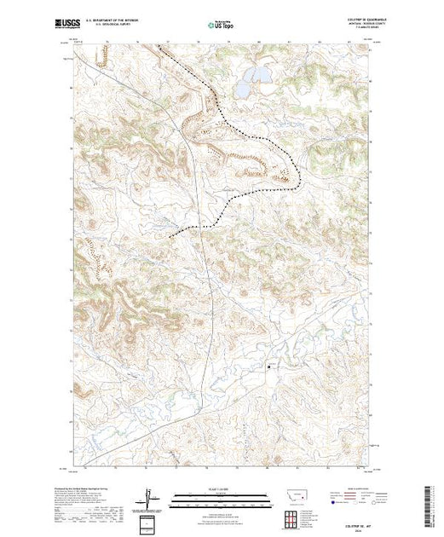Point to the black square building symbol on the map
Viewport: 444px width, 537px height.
pos(271,367)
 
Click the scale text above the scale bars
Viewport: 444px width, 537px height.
pos(221,489)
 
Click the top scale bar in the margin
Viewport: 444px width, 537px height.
pos(221,495)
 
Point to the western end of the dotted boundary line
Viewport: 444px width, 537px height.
pos(170,235)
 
